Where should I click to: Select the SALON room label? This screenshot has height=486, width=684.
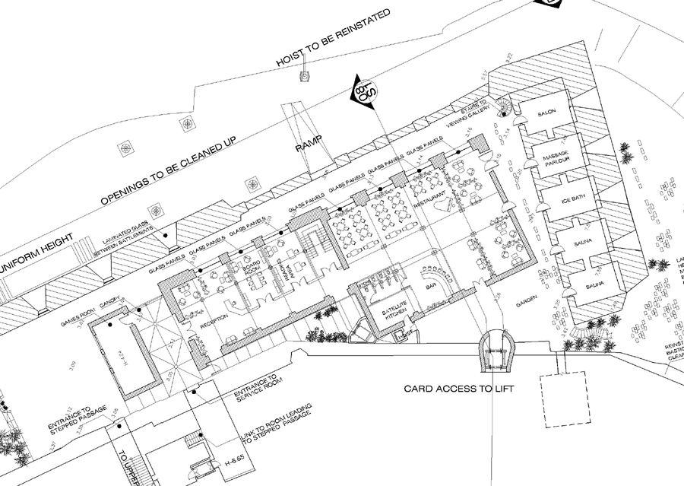point(548,113)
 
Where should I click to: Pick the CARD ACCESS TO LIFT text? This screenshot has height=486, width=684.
point(459,389)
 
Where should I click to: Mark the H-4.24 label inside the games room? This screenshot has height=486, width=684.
point(124,354)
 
